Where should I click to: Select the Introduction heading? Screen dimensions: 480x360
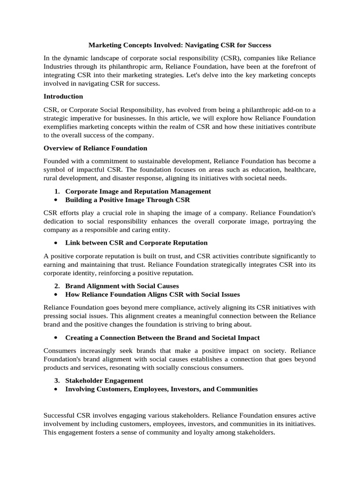coord(63,96)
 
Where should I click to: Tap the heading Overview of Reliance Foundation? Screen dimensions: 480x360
coord(95,148)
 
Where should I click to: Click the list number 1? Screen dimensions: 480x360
coord(57,191)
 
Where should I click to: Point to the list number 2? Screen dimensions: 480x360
coord(57,285)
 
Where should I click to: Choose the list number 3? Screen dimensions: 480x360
coord(57,380)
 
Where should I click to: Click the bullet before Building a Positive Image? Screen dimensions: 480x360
coord(56,200)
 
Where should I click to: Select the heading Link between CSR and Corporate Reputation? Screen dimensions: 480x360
coord(136,242)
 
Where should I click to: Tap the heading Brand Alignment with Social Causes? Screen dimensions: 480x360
coord(122,285)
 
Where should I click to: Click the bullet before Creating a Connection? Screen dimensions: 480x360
coord(56,337)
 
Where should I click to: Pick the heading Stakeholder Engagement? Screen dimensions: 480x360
coord(104,380)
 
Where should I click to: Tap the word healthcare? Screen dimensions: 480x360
coord(299,169)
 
